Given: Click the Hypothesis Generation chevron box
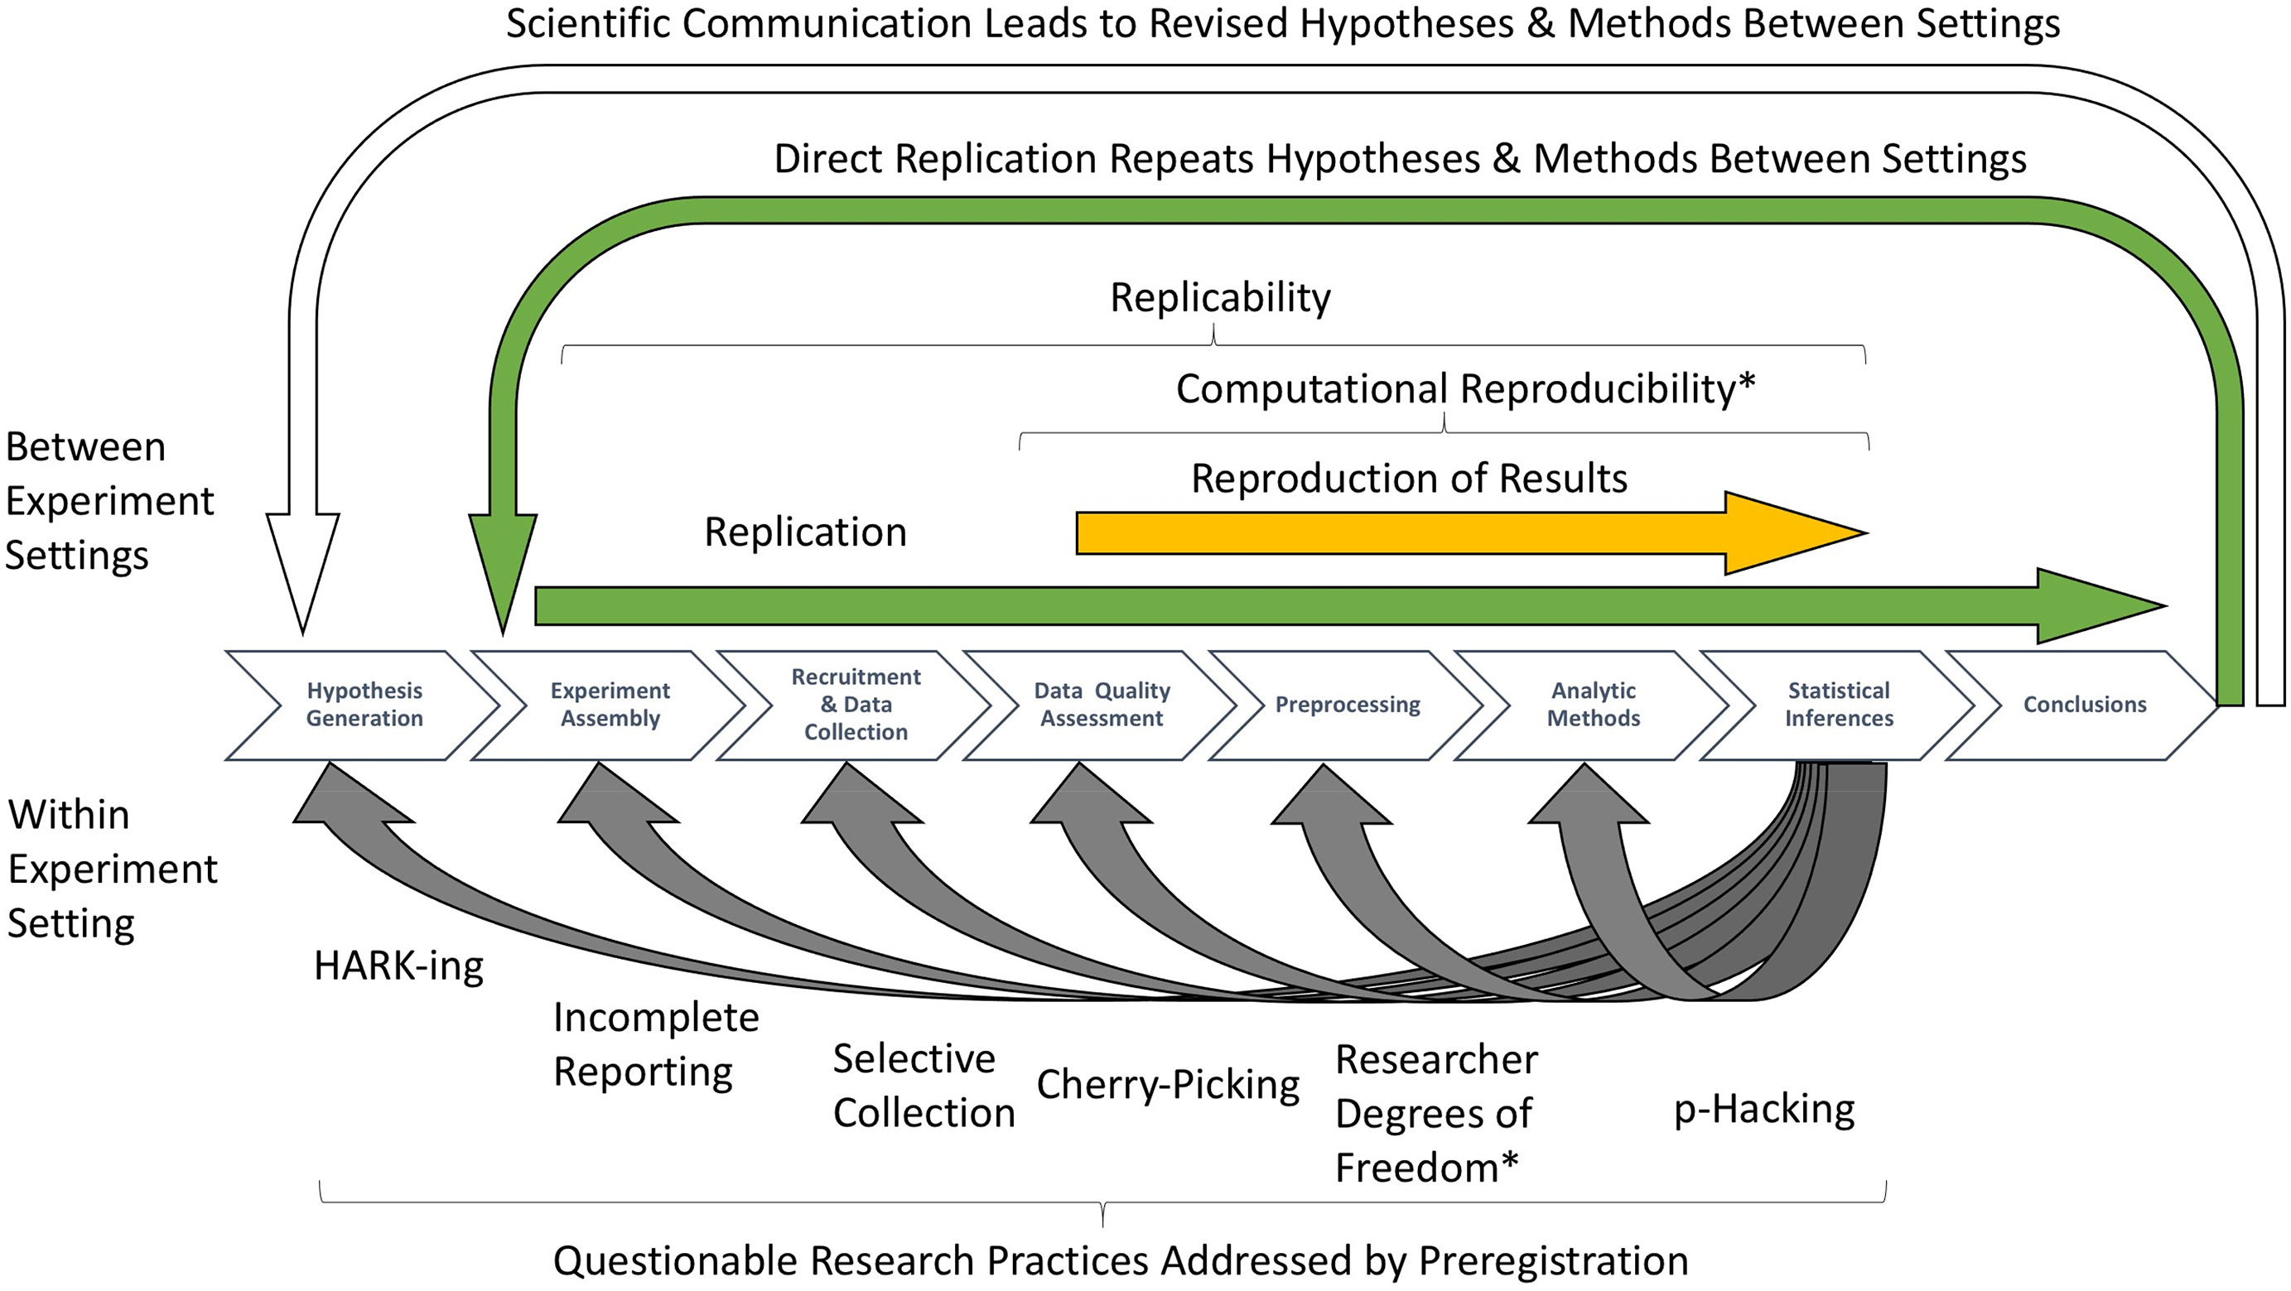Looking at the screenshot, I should pos(364,704).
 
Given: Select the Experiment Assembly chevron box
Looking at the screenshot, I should pos(610,704).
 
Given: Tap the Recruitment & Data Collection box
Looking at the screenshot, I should pos(856,704).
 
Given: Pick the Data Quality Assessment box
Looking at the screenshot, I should pos(1101,704).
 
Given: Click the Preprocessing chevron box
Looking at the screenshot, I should pos(1348,704).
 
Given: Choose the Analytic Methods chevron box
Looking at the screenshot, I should pos(1593,704).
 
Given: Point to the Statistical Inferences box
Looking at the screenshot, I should pos(1838,704).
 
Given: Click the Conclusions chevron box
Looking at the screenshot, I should pos(2084,704).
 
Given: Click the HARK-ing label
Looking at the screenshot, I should pos(398,966).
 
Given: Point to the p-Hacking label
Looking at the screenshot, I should pos(1763,1110).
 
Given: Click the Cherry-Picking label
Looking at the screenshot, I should pos(1168,1085).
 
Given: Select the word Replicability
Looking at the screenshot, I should pos(1219,297).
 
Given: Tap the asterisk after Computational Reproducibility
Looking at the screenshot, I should pos(1746,383).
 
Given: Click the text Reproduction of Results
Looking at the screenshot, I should pos(1409,479).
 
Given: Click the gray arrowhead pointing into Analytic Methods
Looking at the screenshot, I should pos(1588,796).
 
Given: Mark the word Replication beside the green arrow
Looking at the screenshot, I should pos(805,532).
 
